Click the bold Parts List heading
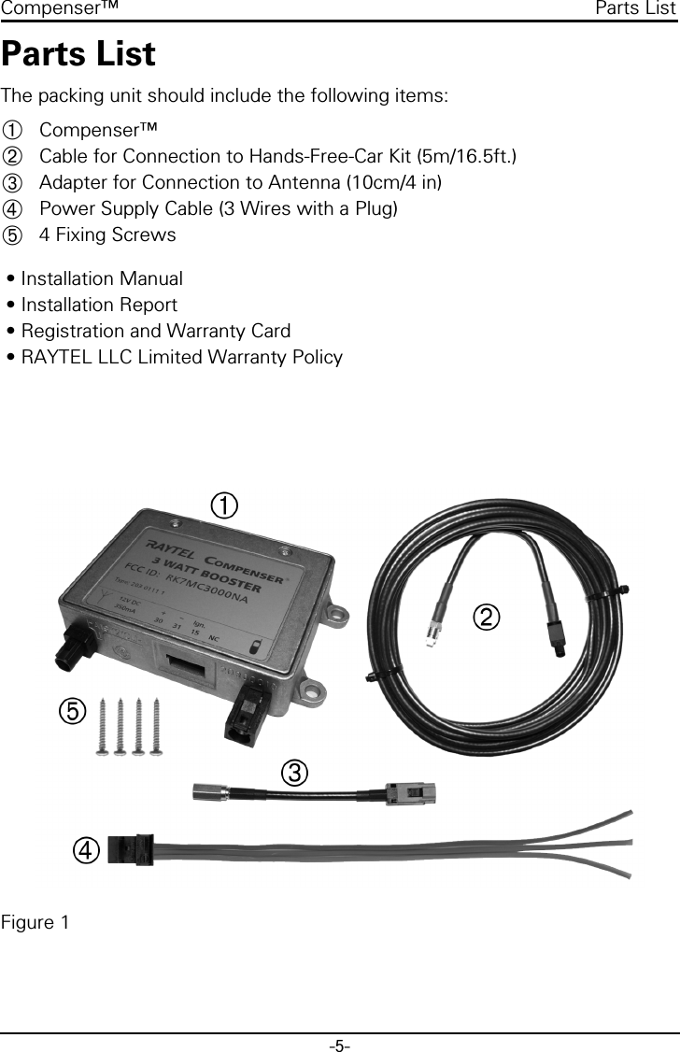78,55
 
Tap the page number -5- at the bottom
339,1044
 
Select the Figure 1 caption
35,923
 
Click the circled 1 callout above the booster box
223,505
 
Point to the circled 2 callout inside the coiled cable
487,617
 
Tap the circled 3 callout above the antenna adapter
293,773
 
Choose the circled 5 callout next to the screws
70,712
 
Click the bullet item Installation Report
98,305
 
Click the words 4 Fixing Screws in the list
107,234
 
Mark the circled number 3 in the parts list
11,181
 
